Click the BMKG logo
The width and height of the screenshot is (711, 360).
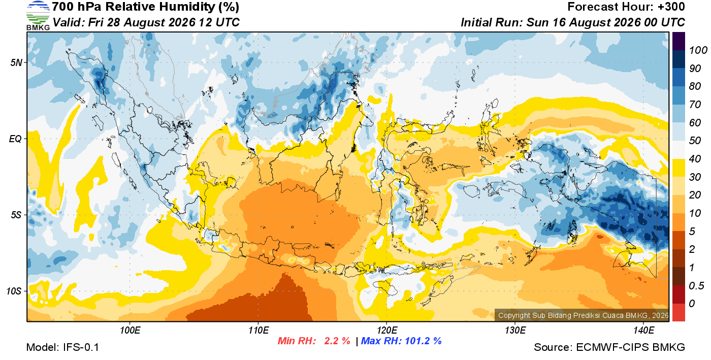pyautogui.click(x=38, y=15)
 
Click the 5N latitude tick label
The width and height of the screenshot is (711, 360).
pyautogui.click(x=16, y=62)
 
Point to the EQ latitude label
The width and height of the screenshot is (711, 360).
pyautogui.click(x=16, y=139)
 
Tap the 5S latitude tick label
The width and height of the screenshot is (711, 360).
pyautogui.click(x=16, y=215)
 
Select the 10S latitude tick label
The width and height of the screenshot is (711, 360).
pyautogui.click(x=14, y=291)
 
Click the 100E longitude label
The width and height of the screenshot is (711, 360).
pyautogui.click(x=130, y=330)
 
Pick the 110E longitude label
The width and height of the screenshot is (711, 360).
pyautogui.click(x=258, y=330)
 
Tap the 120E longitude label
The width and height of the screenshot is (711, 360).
pyautogui.click(x=387, y=330)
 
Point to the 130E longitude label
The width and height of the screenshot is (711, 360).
pyautogui.click(x=515, y=330)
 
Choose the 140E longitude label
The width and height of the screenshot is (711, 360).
pyautogui.click(x=644, y=330)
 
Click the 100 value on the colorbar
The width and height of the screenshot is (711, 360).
pyautogui.click(x=698, y=50)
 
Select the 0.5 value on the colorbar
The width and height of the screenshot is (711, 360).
pyautogui.click(x=696, y=286)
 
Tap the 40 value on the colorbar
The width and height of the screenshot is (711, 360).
pyautogui.click(x=695, y=159)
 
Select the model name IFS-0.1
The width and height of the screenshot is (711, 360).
pyautogui.click(x=81, y=347)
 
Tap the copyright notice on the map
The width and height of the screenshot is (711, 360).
pyautogui.click(x=583, y=315)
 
